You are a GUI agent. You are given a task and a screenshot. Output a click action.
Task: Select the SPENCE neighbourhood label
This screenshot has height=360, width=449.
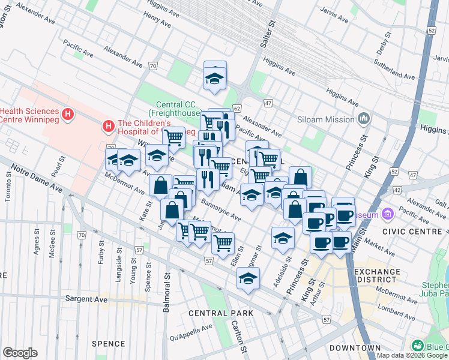[108, 344]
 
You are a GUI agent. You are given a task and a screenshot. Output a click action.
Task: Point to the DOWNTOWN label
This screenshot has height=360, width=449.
[355, 348]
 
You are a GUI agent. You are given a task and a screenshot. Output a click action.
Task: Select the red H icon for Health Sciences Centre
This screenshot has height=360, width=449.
[68, 113]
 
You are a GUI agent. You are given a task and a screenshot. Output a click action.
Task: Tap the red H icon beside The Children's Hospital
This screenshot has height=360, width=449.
[109, 125]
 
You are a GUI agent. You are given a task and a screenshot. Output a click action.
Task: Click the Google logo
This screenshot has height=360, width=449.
[20, 353]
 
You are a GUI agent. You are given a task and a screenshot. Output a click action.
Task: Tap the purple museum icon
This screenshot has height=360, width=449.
[388, 214]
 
